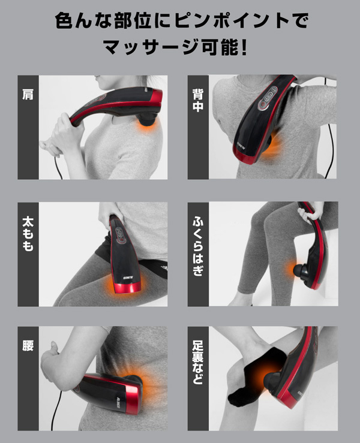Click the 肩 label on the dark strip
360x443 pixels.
(x=28, y=95)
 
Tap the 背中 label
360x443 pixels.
(x=198, y=100)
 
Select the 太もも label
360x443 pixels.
(x=28, y=234)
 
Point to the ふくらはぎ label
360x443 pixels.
(x=198, y=246)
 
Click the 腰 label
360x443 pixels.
(x=28, y=345)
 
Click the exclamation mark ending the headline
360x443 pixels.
(x=244, y=47)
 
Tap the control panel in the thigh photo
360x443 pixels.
(x=119, y=236)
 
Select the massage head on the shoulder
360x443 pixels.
(x=147, y=118)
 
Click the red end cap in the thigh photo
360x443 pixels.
(x=127, y=287)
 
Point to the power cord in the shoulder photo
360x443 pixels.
(x=58, y=167)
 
